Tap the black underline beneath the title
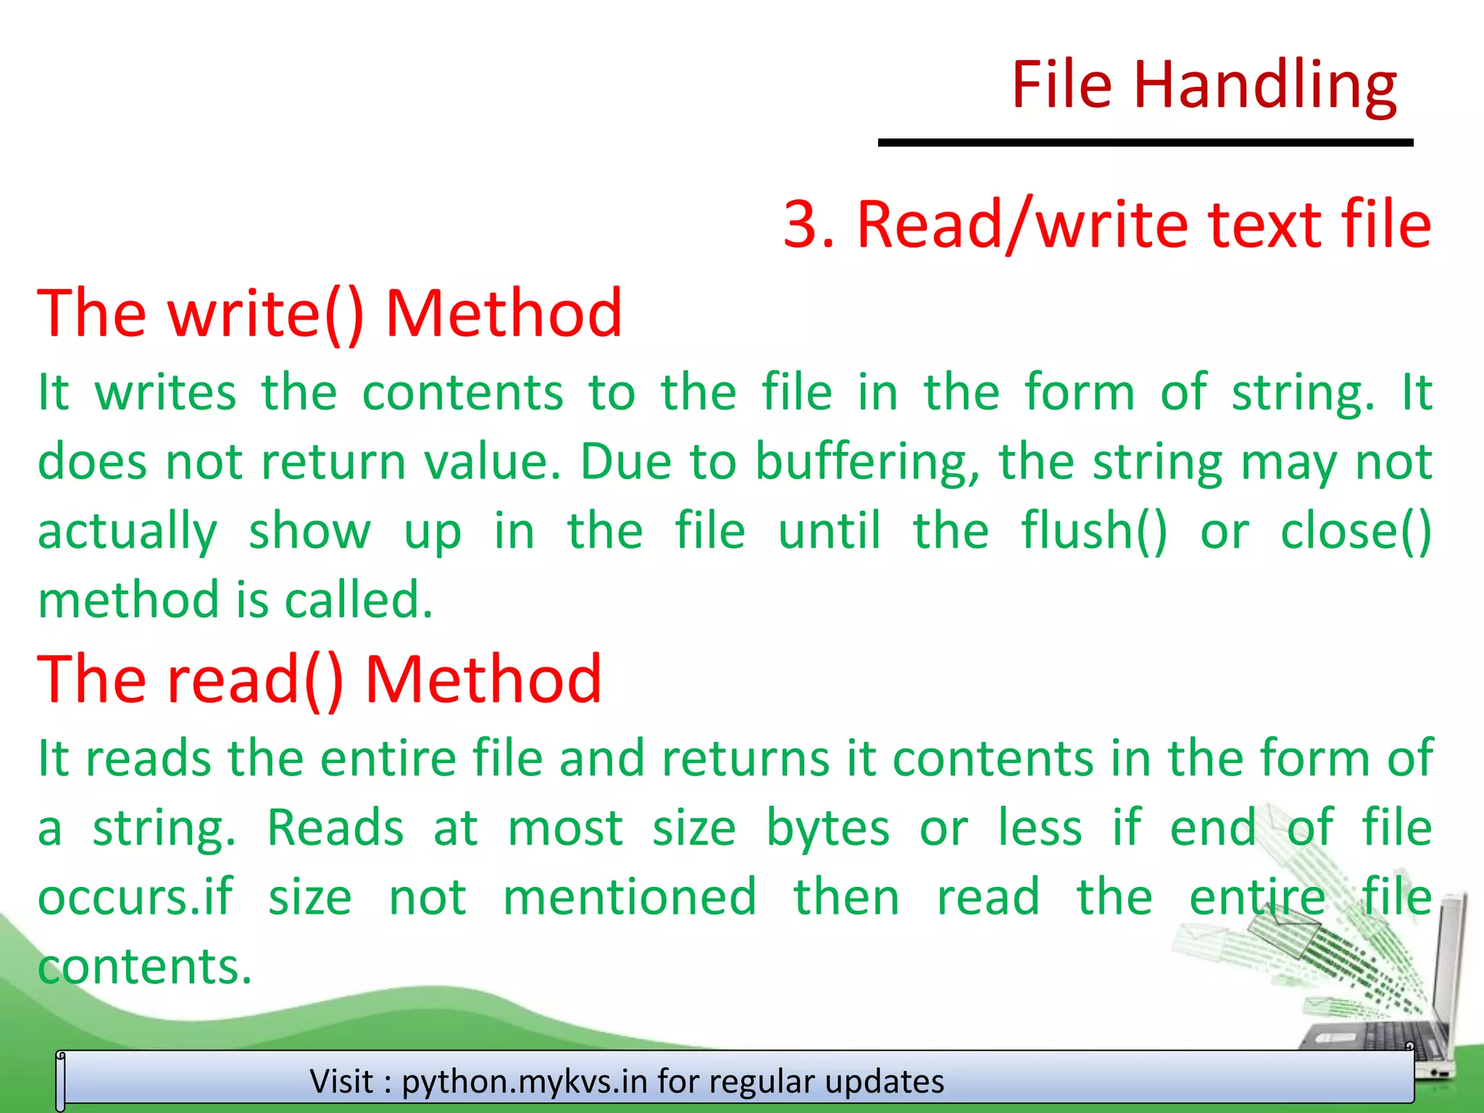(x=1145, y=143)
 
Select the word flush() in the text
(x=1094, y=531)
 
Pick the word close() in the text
(x=1356, y=531)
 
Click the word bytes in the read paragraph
(x=828, y=828)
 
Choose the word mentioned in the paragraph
(x=630, y=897)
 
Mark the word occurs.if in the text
(x=136, y=897)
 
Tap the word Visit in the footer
(x=342, y=1081)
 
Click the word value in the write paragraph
(x=493, y=462)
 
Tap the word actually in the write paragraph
(x=128, y=531)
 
